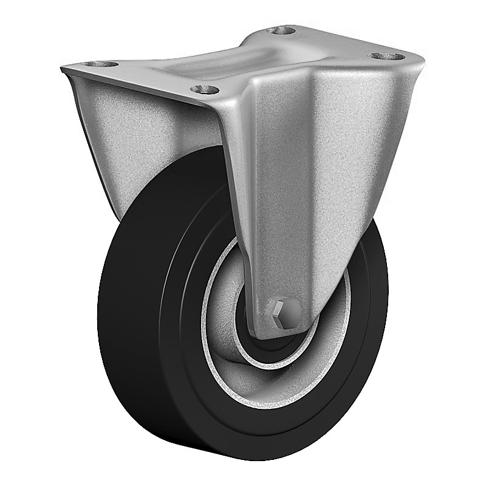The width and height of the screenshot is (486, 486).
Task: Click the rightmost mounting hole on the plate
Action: [x=387, y=56]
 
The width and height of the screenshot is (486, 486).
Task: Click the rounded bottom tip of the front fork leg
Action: [x=286, y=333]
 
